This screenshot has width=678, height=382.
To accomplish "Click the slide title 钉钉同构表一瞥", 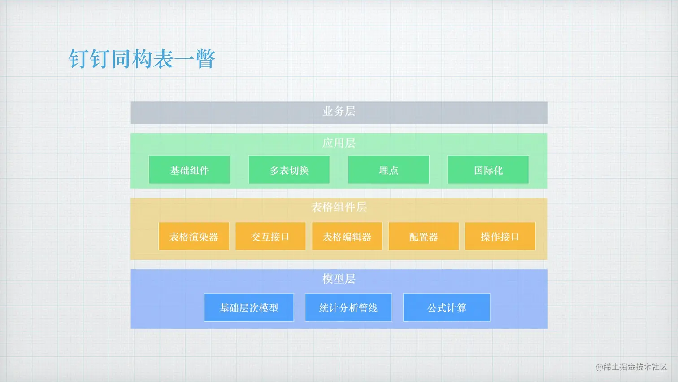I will (x=142, y=59).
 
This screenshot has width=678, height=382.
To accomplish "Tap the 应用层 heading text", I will (x=339, y=143).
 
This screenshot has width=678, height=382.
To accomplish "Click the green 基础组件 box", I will (x=189, y=170).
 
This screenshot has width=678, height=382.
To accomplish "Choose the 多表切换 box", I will (x=289, y=170).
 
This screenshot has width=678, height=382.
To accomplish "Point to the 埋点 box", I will (x=388, y=170).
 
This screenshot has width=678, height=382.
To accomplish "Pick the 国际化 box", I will (x=488, y=170).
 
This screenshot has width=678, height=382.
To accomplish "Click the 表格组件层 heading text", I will (x=339, y=207).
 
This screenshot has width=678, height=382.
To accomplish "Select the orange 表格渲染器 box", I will (x=194, y=236).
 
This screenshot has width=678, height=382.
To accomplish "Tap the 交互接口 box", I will (x=270, y=236).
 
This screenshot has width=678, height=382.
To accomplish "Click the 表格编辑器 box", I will (x=347, y=236).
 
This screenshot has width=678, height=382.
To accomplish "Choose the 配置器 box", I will (x=423, y=236).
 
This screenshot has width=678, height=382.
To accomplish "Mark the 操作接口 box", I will (x=500, y=236).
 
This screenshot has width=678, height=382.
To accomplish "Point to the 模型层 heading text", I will (x=339, y=279).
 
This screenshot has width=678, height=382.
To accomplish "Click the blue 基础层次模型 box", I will (x=249, y=307).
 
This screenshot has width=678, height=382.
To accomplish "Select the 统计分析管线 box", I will (x=348, y=307).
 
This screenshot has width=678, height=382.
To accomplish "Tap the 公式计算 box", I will (x=447, y=307).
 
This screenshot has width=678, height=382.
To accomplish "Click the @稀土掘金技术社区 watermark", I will (x=631, y=367).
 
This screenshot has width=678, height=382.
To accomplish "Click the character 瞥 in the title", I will (x=205, y=59).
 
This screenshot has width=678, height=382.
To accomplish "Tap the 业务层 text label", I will (x=339, y=111).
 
